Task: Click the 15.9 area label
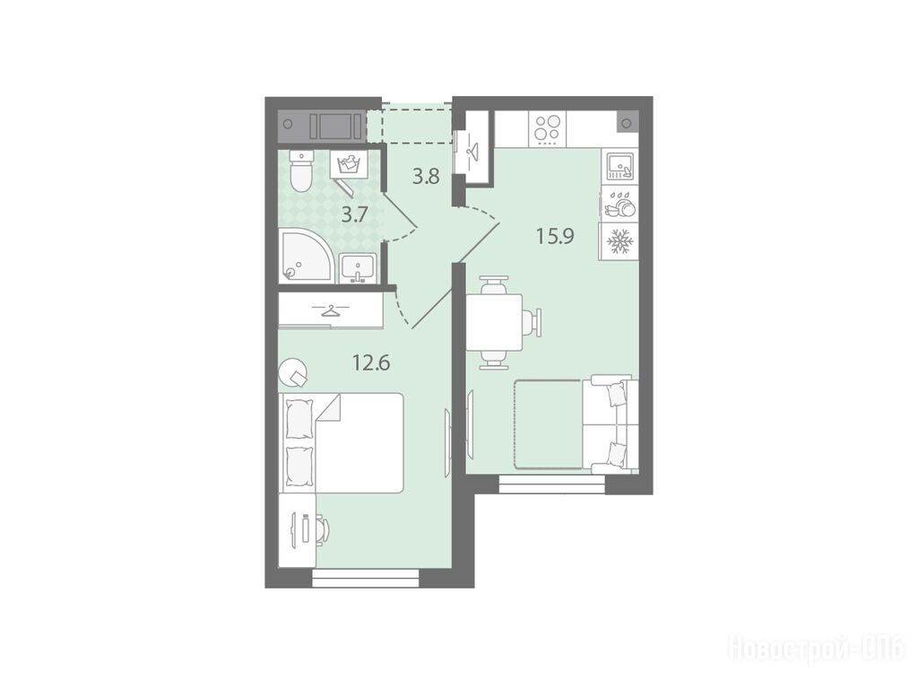(555, 236)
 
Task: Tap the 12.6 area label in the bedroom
(371, 363)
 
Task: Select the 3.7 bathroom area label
(354, 215)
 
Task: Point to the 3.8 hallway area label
(426, 177)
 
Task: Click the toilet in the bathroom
(301, 171)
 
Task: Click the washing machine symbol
(350, 163)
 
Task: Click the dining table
(495, 322)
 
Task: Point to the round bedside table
(293, 371)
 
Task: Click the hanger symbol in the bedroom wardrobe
(331, 310)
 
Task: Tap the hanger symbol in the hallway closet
(472, 149)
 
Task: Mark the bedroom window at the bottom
(366, 579)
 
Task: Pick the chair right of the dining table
(534, 322)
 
